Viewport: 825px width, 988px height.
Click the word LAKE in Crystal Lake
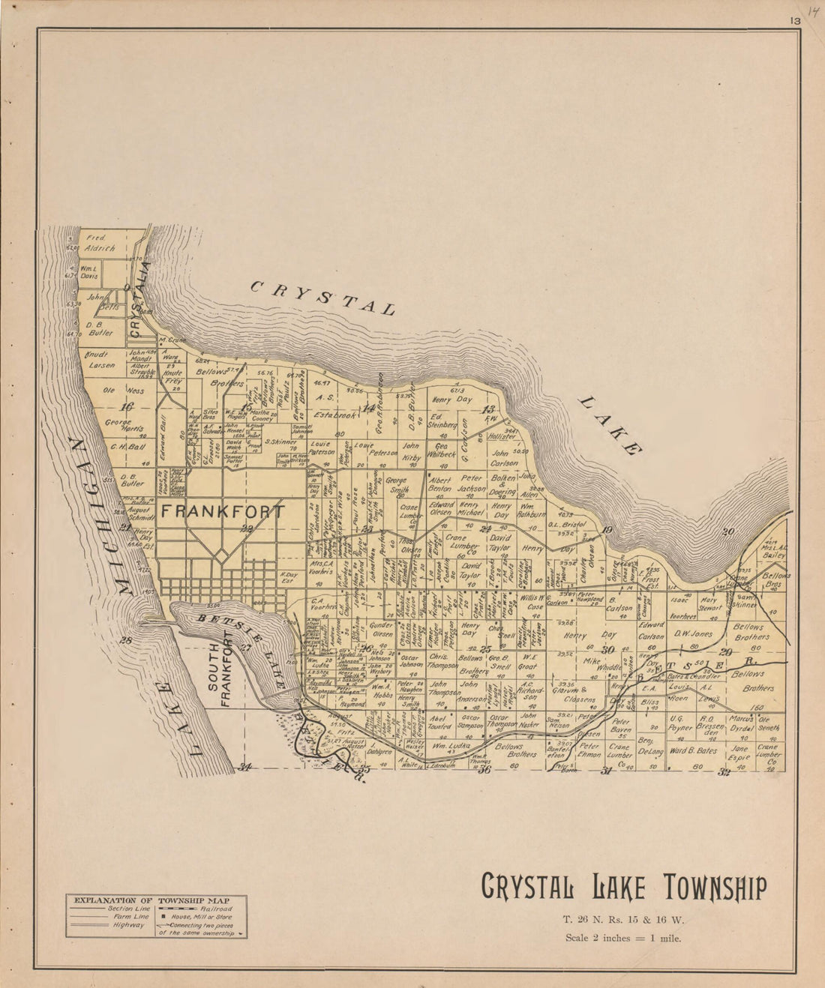coord(610,425)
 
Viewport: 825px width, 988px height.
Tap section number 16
coord(126,407)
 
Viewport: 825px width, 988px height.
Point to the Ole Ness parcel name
coord(123,390)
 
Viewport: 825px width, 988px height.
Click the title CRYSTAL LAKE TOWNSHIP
coord(623,888)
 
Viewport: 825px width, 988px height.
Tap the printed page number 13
coord(793,22)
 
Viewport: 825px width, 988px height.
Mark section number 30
coord(608,650)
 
